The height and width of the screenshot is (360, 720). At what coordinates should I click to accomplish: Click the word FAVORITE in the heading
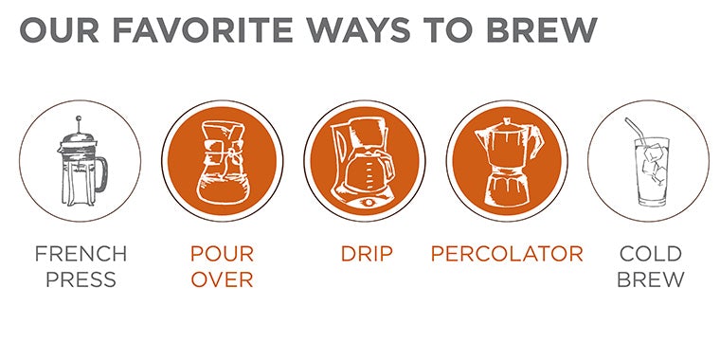(x=203, y=30)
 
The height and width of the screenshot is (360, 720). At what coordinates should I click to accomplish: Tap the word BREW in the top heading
(x=541, y=30)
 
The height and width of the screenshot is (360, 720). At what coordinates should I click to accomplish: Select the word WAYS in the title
(x=358, y=30)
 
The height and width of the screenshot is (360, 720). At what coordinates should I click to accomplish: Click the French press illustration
(x=82, y=161)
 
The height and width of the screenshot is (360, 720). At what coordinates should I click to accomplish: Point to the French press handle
(x=103, y=174)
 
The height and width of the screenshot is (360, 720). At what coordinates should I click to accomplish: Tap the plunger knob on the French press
(x=79, y=118)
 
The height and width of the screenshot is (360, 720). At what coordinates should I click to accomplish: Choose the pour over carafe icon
(x=223, y=162)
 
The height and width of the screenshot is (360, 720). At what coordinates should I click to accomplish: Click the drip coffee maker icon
(x=363, y=162)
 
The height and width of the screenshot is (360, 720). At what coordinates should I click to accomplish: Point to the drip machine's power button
(x=368, y=202)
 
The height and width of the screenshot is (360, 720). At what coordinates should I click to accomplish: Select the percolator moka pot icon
(x=508, y=161)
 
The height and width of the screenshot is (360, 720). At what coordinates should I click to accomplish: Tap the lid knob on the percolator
(x=507, y=121)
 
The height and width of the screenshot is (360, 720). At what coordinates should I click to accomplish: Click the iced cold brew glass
(x=651, y=171)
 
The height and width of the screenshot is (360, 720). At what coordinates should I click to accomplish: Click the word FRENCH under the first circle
(x=81, y=254)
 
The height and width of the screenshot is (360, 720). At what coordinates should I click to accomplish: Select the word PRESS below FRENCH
(x=81, y=279)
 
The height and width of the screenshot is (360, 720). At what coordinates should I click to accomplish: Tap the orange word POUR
(x=223, y=254)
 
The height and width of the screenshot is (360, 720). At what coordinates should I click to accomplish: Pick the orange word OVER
(x=223, y=279)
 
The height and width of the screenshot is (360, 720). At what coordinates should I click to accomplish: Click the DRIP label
(x=367, y=254)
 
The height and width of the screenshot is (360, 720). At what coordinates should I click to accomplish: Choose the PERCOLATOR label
(x=507, y=254)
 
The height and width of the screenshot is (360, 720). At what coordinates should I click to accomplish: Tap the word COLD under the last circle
(x=650, y=254)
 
